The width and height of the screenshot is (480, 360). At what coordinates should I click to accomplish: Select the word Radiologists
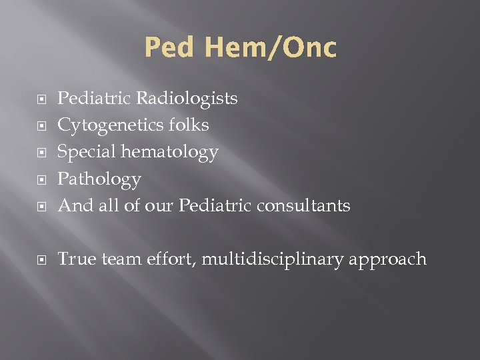(x=187, y=99)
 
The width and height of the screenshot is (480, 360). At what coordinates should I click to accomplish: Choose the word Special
(x=82, y=153)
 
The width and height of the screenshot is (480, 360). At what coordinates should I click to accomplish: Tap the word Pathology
(x=99, y=179)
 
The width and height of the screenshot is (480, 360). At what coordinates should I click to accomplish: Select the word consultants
(x=305, y=206)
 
